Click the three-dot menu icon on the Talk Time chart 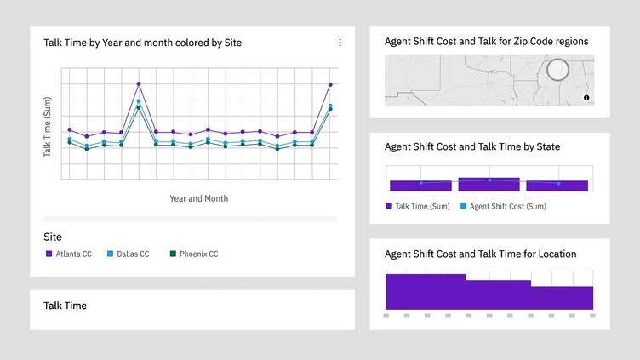(340, 43)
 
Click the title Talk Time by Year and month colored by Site (142, 43)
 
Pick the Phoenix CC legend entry (193, 254)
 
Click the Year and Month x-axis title (198, 198)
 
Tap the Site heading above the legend (53, 237)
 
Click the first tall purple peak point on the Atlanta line (139, 84)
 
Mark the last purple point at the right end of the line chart (330, 84)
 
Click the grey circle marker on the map (557, 70)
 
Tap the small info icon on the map (586, 98)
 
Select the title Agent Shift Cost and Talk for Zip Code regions (486, 41)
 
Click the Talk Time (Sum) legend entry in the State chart (418, 206)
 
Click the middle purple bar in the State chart (489, 184)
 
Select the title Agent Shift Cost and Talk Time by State (471, 146)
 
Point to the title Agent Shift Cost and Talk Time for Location (480, 254)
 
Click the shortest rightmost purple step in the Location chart (562, 297)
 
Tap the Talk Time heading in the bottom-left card (65, 305)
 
